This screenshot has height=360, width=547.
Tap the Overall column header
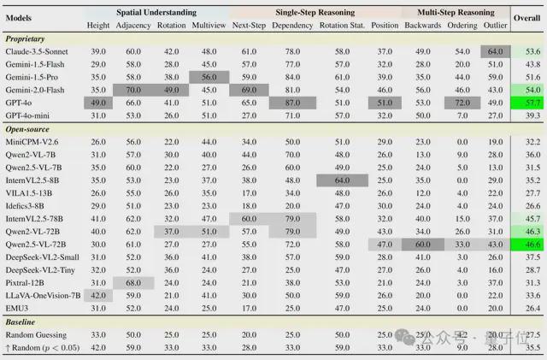pos(526,17)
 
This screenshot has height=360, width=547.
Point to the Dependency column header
pos(292,25)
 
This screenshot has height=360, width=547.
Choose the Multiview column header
pos(209,25)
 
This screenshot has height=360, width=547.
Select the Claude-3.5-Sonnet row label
pos(39,52)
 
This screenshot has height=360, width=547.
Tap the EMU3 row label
pos(18,307)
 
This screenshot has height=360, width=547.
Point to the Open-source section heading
pos(27,129)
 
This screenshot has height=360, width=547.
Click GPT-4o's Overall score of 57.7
pos(526,103)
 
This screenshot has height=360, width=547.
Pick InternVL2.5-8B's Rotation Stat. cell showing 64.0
pos(341,180)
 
